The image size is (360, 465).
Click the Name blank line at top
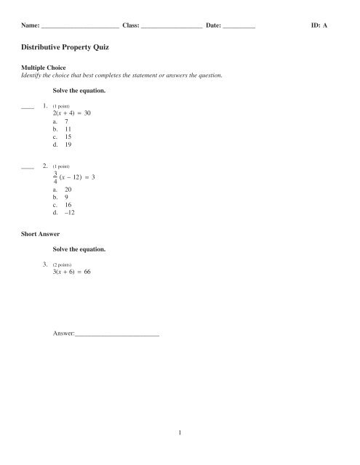[80, 26]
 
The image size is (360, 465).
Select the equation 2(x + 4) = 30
[71, 114]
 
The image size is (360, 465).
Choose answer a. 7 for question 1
[60, 124]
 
